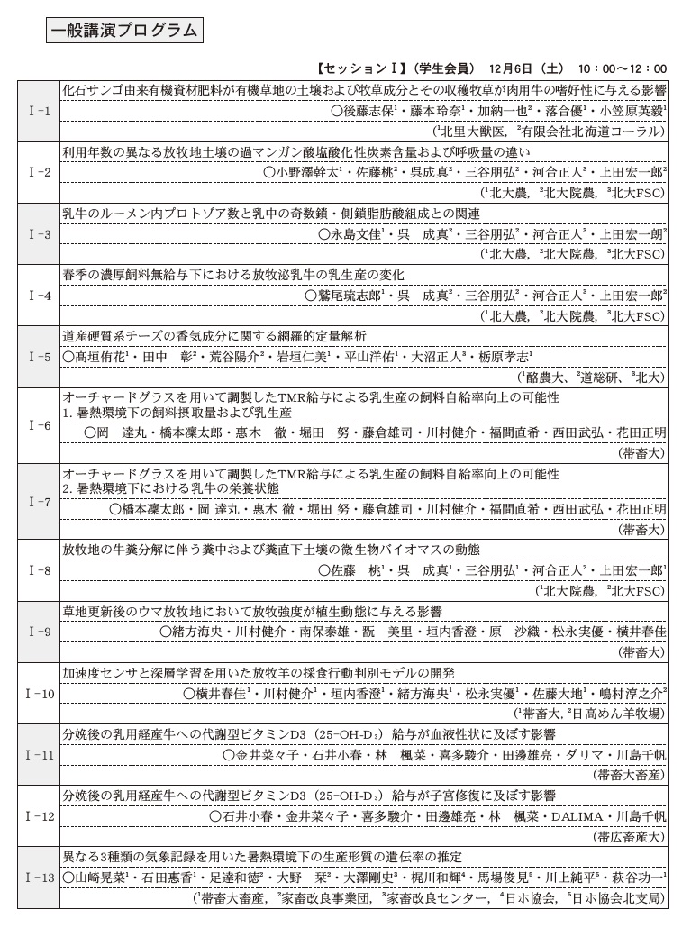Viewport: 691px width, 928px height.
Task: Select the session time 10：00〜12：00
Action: (x=623, y=68)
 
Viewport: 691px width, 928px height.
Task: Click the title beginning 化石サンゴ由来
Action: (x=364, y=90)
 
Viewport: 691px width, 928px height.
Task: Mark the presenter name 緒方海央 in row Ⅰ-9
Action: (x=193, y=632)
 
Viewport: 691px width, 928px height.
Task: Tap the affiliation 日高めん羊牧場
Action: (x=615, y=714)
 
